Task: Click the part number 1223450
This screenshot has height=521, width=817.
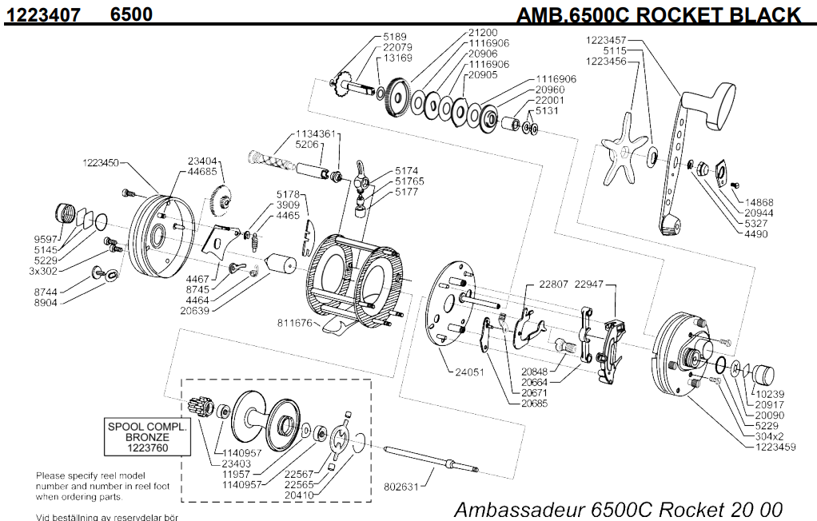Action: tap(101, 163)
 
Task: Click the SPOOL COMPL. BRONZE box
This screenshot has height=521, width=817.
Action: tap(147, 437)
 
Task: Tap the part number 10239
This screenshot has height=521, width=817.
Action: tap(769, 393)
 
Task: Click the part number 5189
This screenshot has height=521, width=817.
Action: tap(395, 37)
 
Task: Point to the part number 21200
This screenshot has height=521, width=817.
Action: tap(488, 33)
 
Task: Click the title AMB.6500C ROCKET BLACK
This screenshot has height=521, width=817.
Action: tap(657, 14)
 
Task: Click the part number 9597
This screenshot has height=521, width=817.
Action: tap(44, 237)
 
